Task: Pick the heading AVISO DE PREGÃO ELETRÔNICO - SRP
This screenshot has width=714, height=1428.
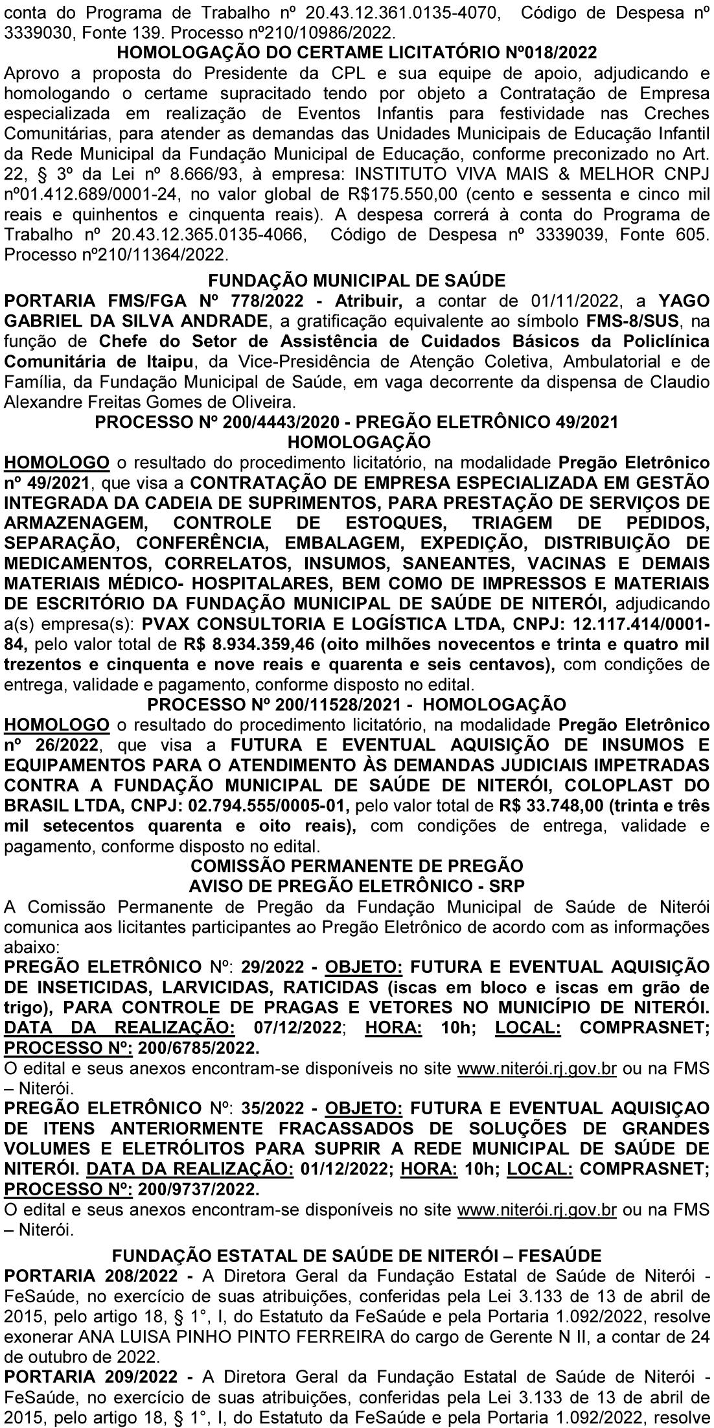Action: (357, 886)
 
